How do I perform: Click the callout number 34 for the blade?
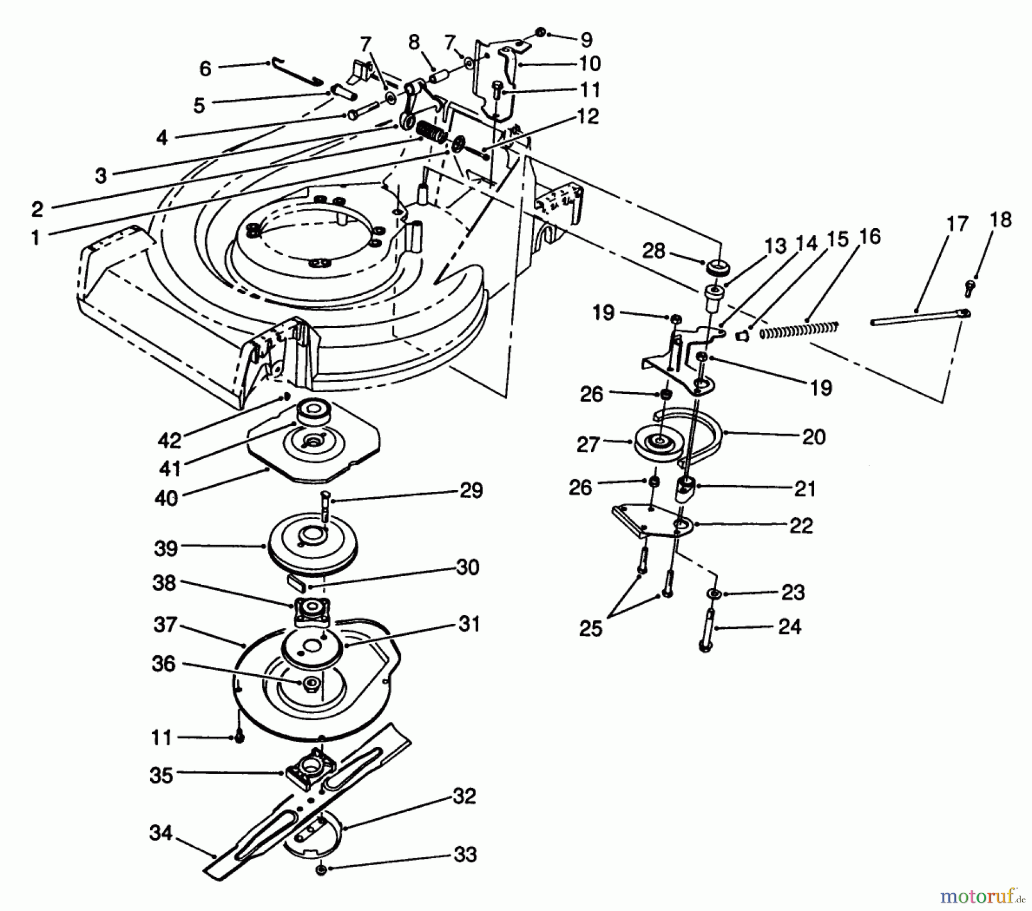tap(161, 832)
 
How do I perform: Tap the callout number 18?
tap(1000, 220)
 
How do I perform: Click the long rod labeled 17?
tap(917, 318)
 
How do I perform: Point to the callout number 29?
tap(471, 491)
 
